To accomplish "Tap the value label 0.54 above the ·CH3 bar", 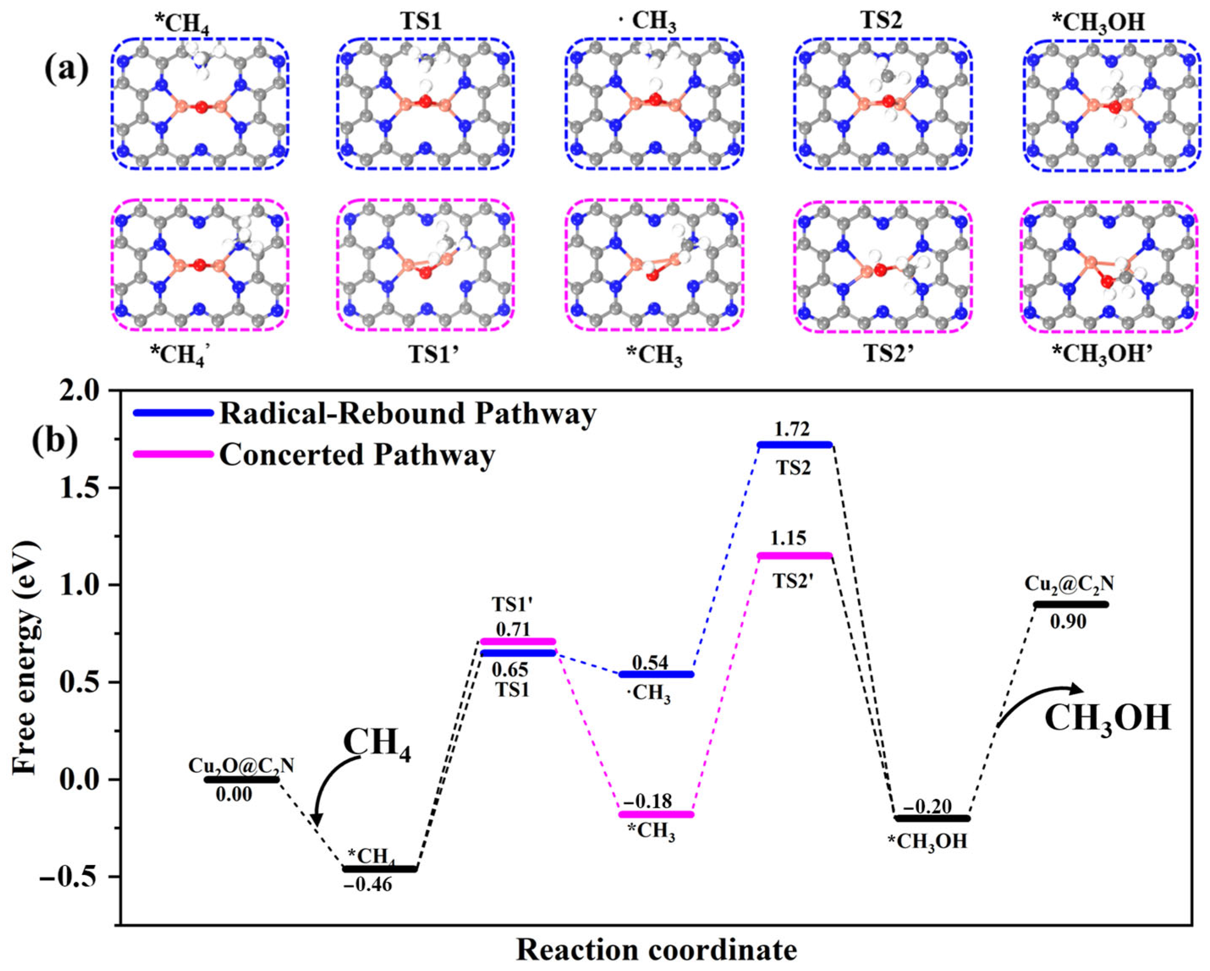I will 650,662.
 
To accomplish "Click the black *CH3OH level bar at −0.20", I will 932,818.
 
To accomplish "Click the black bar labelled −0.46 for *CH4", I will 380,869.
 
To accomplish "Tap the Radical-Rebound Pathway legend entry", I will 407,414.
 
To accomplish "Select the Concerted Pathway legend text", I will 357,454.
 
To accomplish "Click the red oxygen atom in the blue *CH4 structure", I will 200,107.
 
